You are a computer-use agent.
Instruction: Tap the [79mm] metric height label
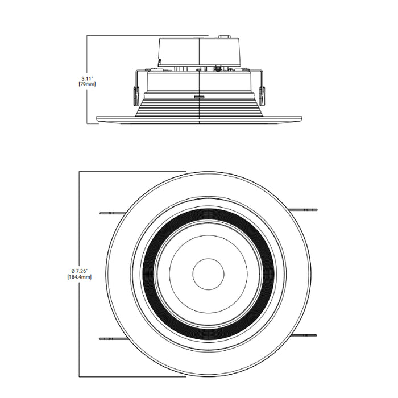87,84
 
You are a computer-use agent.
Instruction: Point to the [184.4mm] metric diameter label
79,276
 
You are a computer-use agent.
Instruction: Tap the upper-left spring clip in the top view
111,213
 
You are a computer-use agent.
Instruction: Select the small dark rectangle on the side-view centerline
200,97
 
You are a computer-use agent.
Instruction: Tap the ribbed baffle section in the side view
200,109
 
